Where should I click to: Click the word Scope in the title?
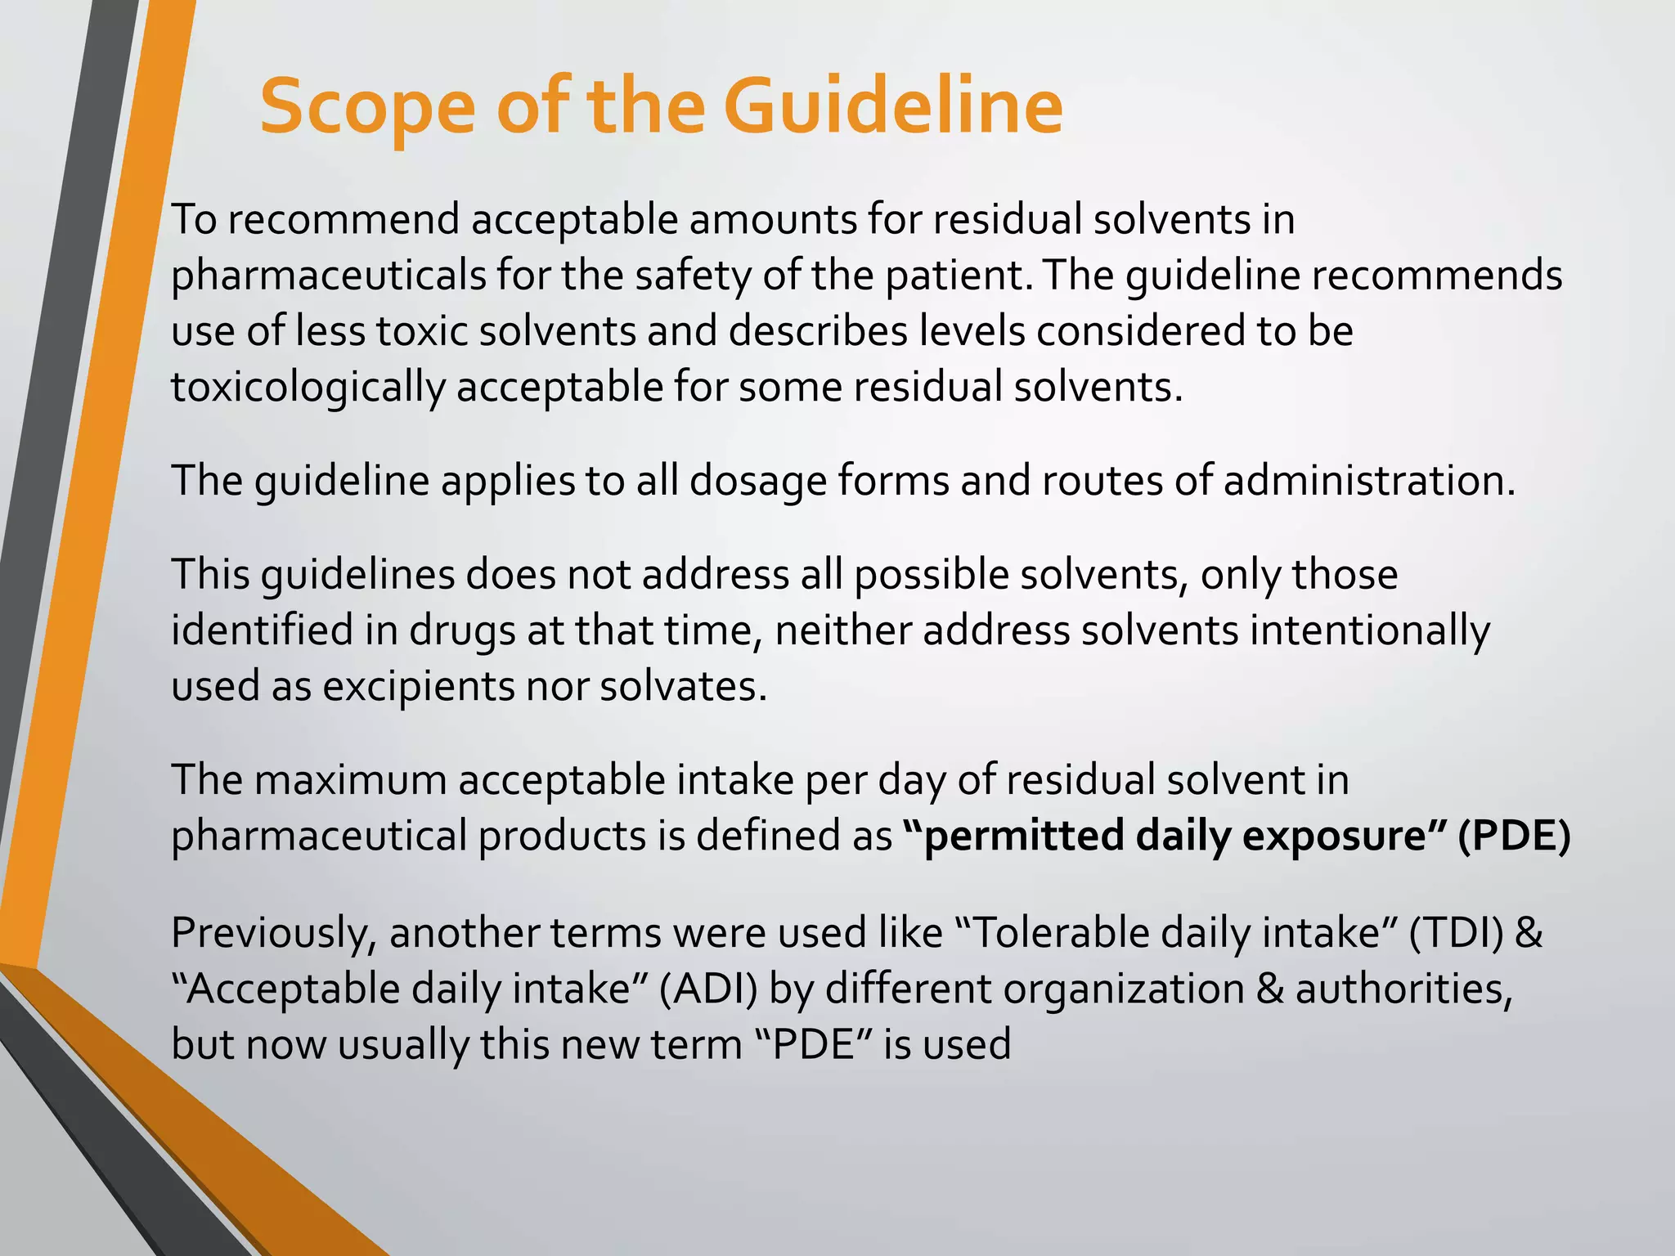367,108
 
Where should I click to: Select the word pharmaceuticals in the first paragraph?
328,276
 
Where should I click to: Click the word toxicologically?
308,388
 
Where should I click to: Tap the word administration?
1369,481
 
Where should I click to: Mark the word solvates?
684,686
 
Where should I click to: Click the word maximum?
351,780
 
